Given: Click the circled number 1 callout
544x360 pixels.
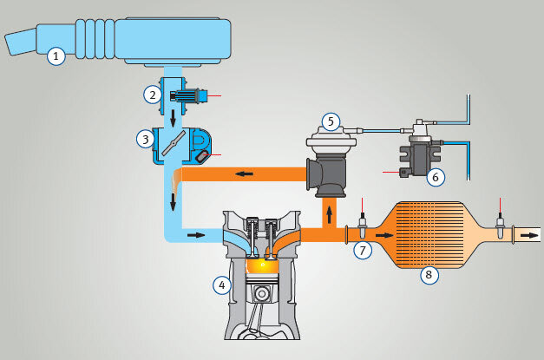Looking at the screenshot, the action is tap(56, 56).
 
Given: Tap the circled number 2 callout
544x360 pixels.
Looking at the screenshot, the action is tap(153, 95).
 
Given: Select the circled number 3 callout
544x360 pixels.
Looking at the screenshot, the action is tap(146, 140).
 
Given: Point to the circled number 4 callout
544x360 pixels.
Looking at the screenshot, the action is tap(222, 285).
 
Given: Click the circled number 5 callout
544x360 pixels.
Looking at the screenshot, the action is tap(331, 121).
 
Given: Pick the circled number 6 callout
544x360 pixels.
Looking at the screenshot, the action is tap(436, 177).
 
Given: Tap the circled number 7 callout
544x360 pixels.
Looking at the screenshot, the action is tap(363, 250).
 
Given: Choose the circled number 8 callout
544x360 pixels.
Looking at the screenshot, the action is tap(429, 275).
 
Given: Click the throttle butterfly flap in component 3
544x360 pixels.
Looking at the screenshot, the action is tap(174, 142).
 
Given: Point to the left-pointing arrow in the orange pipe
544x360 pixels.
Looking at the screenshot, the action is tap(244, 173).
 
